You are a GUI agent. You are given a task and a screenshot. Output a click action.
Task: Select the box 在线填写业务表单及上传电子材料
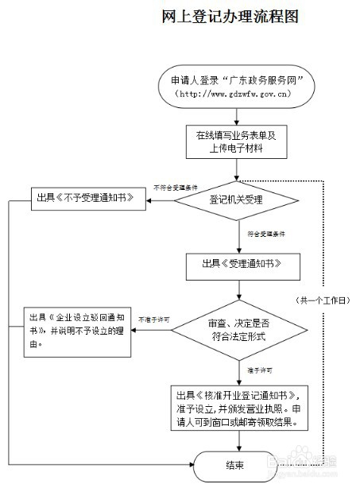coord(236,141)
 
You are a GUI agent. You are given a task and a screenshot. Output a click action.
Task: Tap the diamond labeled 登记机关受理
coord(236,198)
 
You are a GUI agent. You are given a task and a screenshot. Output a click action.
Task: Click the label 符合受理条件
coord(265,234)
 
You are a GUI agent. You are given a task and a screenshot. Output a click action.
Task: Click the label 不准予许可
coord(154,319)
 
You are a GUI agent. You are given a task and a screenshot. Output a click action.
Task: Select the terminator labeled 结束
coord(236,465)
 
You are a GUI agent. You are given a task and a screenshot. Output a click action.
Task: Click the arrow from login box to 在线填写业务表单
coord(236,114)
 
